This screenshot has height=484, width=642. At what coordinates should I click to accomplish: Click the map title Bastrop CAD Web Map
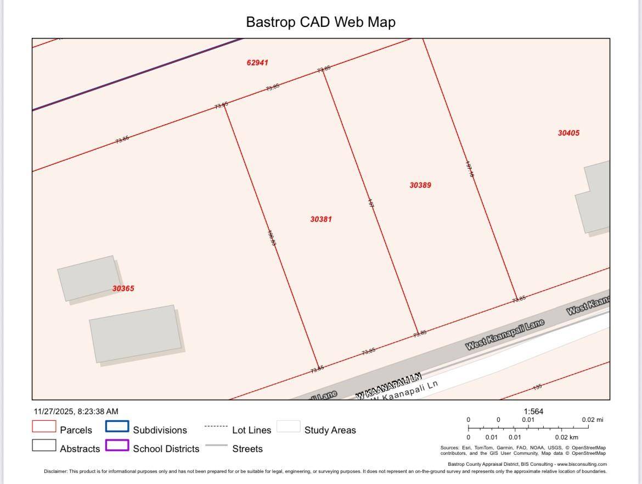click(320, 22)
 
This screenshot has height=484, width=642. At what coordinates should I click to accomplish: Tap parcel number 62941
click(257, 63)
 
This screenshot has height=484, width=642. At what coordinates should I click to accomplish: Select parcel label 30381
click(321, 219)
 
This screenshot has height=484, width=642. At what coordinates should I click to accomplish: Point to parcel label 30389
click(420, 185)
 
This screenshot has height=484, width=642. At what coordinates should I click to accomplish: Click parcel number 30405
click(568, 133)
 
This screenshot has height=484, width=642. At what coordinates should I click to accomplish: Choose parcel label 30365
click(123, 288)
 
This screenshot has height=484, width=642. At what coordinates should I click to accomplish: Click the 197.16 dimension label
click(469, 169)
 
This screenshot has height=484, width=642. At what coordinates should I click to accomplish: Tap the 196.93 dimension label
click(272, 237)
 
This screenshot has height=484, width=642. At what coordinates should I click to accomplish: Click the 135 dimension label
click(537, 387)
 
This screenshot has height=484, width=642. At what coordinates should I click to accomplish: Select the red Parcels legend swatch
click(44, 427)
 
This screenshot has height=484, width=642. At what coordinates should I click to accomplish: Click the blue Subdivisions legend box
click(117, 427)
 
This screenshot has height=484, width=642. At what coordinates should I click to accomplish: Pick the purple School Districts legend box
click(117, 446)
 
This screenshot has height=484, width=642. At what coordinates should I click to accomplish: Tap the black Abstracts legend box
click(44, 446)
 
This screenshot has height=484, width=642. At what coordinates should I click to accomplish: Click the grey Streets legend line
click(216, 446)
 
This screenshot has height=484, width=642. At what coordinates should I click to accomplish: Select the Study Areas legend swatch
click(288, 427)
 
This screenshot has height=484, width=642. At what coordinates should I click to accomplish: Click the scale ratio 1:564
click(533, 411)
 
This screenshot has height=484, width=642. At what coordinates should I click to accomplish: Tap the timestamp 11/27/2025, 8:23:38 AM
click(76, 411)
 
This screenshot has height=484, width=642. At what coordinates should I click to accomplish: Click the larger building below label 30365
click(136, 333)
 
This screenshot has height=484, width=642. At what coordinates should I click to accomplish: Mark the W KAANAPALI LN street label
click(388, 386)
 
